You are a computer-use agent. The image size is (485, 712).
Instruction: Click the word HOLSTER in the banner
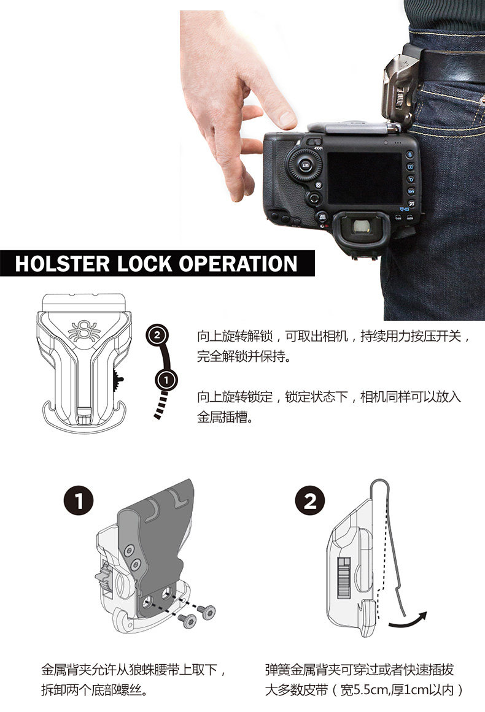(x=63, y=264)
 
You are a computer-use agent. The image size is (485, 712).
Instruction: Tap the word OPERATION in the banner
(x=238, y=264)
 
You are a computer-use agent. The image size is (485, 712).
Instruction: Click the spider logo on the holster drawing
(x=84, y=331)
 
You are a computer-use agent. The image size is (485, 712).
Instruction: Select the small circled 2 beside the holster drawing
(x=157, y=335)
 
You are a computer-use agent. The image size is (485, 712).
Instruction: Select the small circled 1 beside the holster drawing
(x=166, y=380)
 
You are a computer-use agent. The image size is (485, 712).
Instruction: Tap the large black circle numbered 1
(x=79, y=501)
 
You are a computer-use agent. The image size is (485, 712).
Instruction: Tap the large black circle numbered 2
(x=310, y=501)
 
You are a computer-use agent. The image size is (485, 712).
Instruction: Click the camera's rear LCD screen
(x=365, y=178)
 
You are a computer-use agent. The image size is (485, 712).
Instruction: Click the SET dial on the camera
(x=305, y=164)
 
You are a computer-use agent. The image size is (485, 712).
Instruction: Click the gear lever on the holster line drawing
(x=118, y=379)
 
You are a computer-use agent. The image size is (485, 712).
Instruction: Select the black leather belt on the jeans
(x=450, y=66)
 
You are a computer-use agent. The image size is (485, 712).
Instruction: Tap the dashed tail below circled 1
(x=161, y=405)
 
